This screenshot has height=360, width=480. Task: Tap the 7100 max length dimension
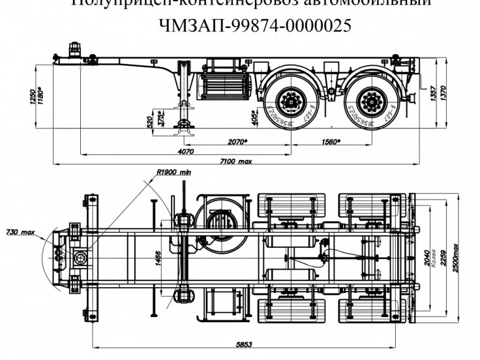(236, 161)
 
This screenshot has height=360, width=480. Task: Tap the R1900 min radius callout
(174, 173)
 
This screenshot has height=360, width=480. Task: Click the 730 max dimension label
(20, 232)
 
